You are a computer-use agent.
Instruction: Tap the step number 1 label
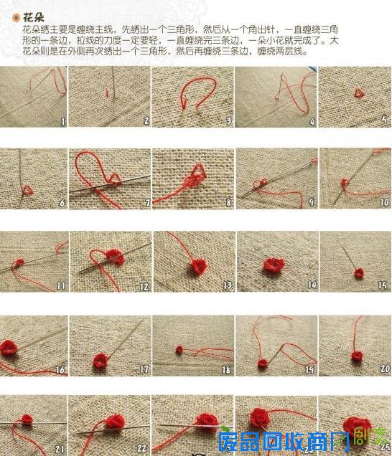(x=62, y=122)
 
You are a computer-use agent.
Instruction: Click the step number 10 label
(x=382, y=203)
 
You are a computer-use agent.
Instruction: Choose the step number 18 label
(x=226, y=370)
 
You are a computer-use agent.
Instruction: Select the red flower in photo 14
(x=272, y=266)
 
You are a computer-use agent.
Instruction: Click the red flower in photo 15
(x=358, y=273)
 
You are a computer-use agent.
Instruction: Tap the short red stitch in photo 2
(x=108, y=91)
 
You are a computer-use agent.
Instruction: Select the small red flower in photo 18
(x=179, y=350)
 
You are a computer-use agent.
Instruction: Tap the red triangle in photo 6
(x=27, y=189)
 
